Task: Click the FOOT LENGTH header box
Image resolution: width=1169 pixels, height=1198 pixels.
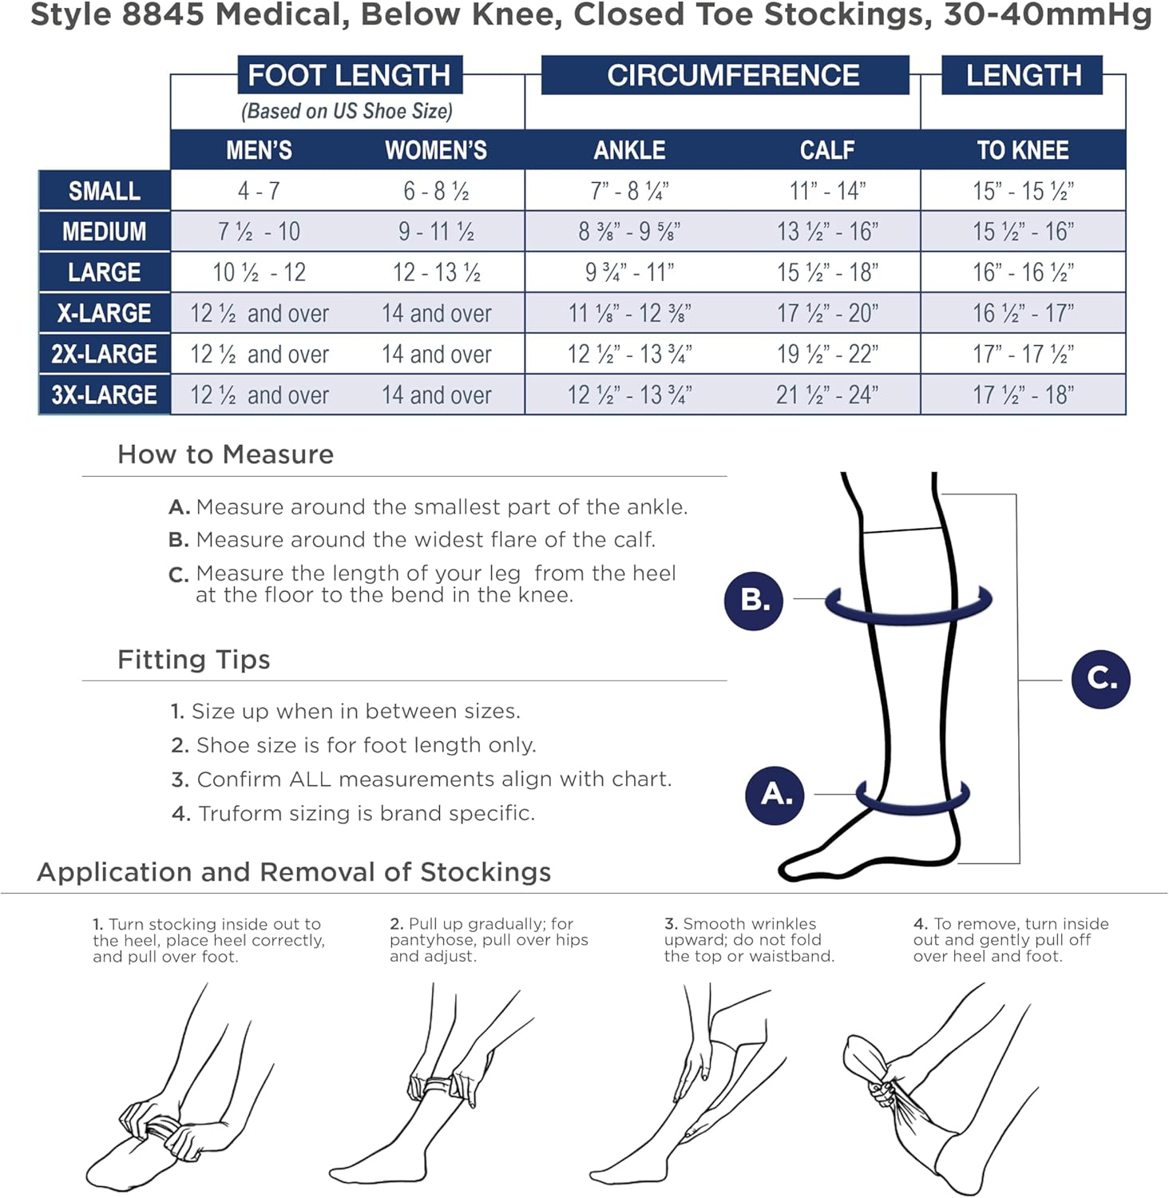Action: click(349, 75)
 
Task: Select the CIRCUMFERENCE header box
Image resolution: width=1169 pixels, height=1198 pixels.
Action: click(725, 75)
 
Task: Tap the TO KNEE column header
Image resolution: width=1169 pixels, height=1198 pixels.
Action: click(1023, 150)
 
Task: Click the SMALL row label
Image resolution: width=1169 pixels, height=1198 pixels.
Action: click(105, 191)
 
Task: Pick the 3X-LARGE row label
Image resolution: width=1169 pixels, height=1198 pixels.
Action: click(105, 395)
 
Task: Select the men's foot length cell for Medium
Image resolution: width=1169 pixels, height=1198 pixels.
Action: click(259, 232)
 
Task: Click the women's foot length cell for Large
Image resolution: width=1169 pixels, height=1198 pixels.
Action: click(437, 272)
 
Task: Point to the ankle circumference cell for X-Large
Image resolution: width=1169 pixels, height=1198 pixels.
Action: click(629, 313)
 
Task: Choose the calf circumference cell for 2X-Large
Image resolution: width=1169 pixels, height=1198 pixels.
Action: click(827, 354)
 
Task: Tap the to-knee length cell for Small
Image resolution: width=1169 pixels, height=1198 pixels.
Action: click(1023, 191)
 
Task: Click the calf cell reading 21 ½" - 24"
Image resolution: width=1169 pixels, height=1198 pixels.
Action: click(827, 395)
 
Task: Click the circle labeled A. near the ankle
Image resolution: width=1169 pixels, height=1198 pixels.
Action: click(775, 794)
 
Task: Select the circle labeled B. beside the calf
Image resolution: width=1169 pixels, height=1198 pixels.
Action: click(753, 600)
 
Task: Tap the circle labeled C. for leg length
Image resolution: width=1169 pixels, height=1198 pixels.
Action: click(1100, 679)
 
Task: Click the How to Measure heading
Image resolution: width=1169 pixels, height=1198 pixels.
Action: click(225, 454)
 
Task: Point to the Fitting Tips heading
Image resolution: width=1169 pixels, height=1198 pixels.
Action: click(194, 660)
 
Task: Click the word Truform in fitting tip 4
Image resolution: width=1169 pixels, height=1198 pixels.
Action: click(237, 813)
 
